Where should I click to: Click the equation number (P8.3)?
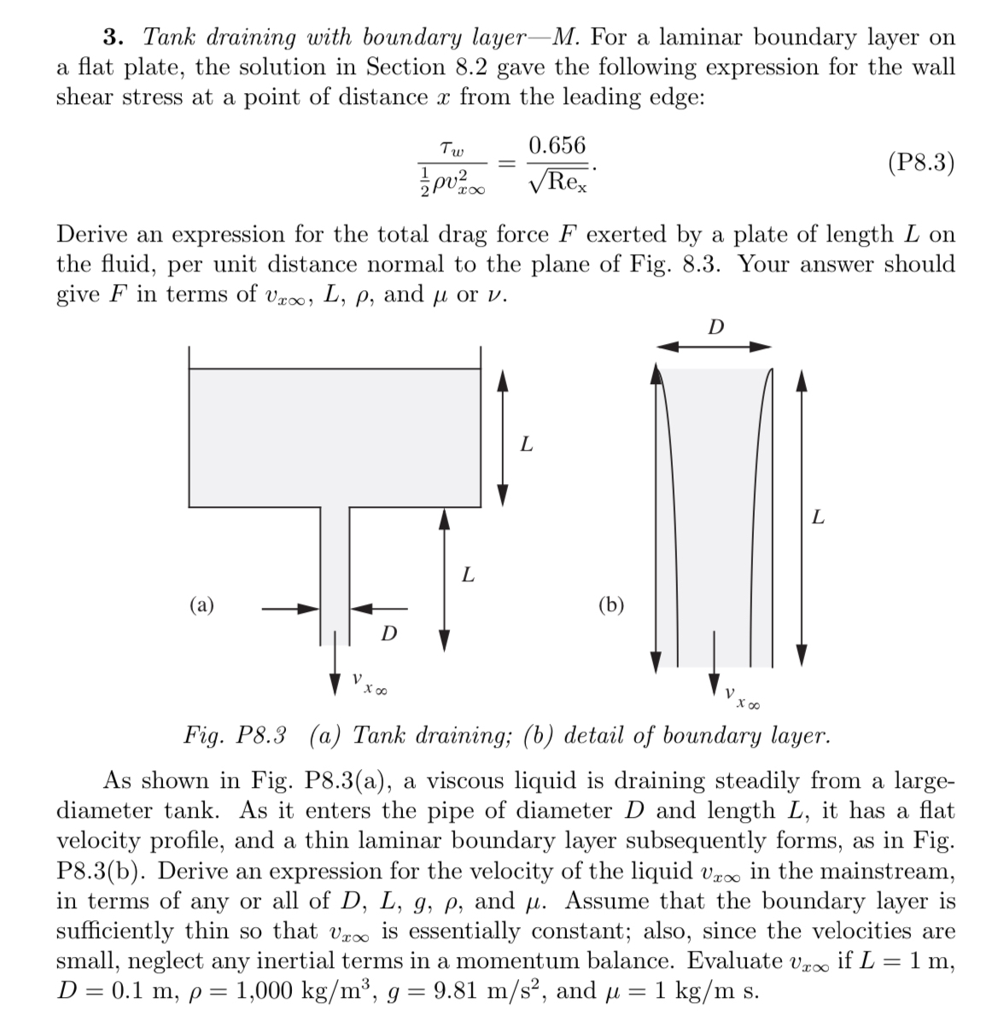(x=921, y=162)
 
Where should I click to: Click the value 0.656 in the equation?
(x=557, y=145)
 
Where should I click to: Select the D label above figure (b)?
(x=716, y=326)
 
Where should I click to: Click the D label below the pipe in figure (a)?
(x=388, y=633)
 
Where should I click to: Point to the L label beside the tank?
(x=527, y=444)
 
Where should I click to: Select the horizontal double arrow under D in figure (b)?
(x=714, y=346)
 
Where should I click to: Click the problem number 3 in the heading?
(x=110, y=38)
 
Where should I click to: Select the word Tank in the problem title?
(x=170, y=38)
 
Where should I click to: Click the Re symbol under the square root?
(x=566, y=182)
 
